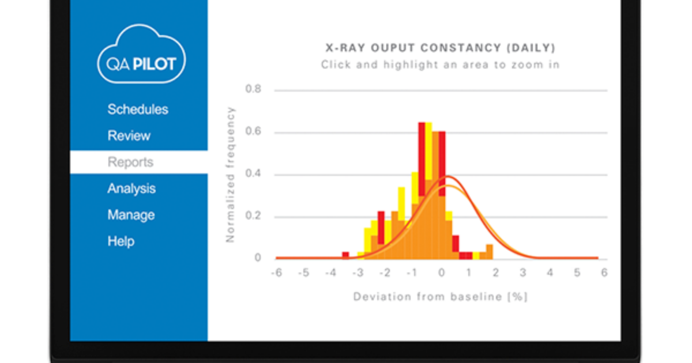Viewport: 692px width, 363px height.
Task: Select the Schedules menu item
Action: (x=138, y=109)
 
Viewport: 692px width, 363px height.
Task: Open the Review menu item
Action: (x=129, y=136)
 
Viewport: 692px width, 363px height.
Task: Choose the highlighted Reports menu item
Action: (x=130, y=162)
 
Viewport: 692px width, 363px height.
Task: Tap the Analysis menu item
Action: (x=131, y=189)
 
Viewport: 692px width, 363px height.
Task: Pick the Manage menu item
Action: (x=131, y=215)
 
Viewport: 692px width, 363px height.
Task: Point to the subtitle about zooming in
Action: (x=440, y=65)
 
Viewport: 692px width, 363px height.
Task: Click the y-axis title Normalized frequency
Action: (x=231, y=175)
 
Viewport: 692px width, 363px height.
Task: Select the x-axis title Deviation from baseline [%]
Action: (x=441, y=297)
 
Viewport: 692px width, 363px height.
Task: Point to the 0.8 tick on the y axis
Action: (x=253, y=90)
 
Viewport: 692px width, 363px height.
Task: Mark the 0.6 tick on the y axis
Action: (x=253, y=132)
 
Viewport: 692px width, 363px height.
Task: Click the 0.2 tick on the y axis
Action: (x=253, y=217)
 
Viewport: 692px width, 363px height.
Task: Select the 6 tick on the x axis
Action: (x=604, y=274)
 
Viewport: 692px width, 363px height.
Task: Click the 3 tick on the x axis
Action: (x=522, y=274)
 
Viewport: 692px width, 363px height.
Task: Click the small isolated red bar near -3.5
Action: (x=345, y=255)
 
